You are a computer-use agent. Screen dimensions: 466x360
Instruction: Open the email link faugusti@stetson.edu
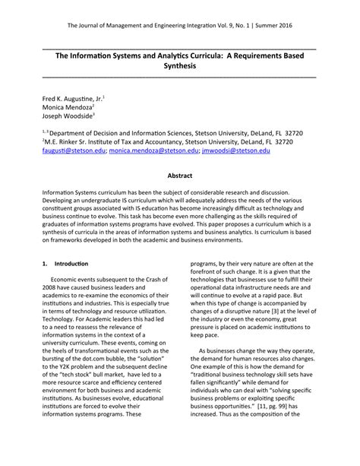[72, 151]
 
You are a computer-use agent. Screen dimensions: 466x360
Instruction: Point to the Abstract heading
[179, 175]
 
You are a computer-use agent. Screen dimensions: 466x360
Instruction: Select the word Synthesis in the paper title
[180, 67]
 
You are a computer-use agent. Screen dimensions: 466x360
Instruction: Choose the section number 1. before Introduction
[45, 264]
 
